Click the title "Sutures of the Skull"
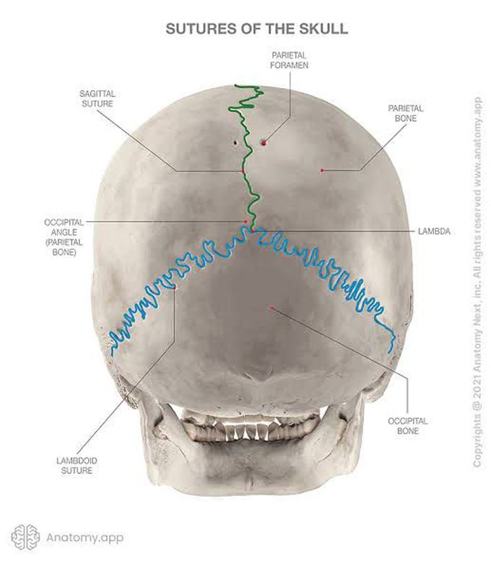256,29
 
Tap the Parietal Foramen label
290,61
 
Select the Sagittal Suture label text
97,98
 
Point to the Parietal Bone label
405,113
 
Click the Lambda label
434,231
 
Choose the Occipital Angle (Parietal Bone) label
64,237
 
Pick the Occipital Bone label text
407,426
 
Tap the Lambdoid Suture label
77,466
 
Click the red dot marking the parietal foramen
264,143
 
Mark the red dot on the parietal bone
322,170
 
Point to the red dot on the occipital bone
272,308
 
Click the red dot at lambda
252,230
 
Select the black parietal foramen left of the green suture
235,142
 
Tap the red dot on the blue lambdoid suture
175,288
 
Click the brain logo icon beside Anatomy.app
25,537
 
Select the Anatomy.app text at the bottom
85,538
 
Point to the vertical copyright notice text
477,282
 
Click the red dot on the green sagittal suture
243,170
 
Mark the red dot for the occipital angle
246,221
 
